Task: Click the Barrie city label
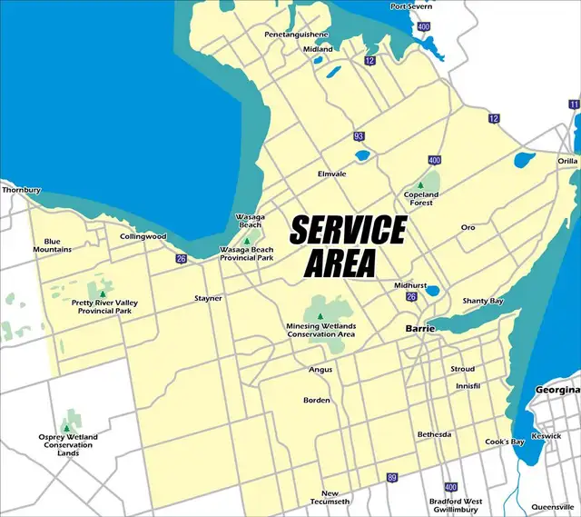(420, 328)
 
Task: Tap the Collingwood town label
(143, 236)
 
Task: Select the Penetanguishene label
(296, 34)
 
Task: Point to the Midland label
(318, 49)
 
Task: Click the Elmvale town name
(333, 173)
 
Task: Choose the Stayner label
(208, 298)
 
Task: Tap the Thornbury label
(22, 191)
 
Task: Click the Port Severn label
(411, 6)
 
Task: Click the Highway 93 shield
(359, 136)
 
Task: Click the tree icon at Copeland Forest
(420, 184)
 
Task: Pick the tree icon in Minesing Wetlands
(320, 316)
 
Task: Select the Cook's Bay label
(505, 442)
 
